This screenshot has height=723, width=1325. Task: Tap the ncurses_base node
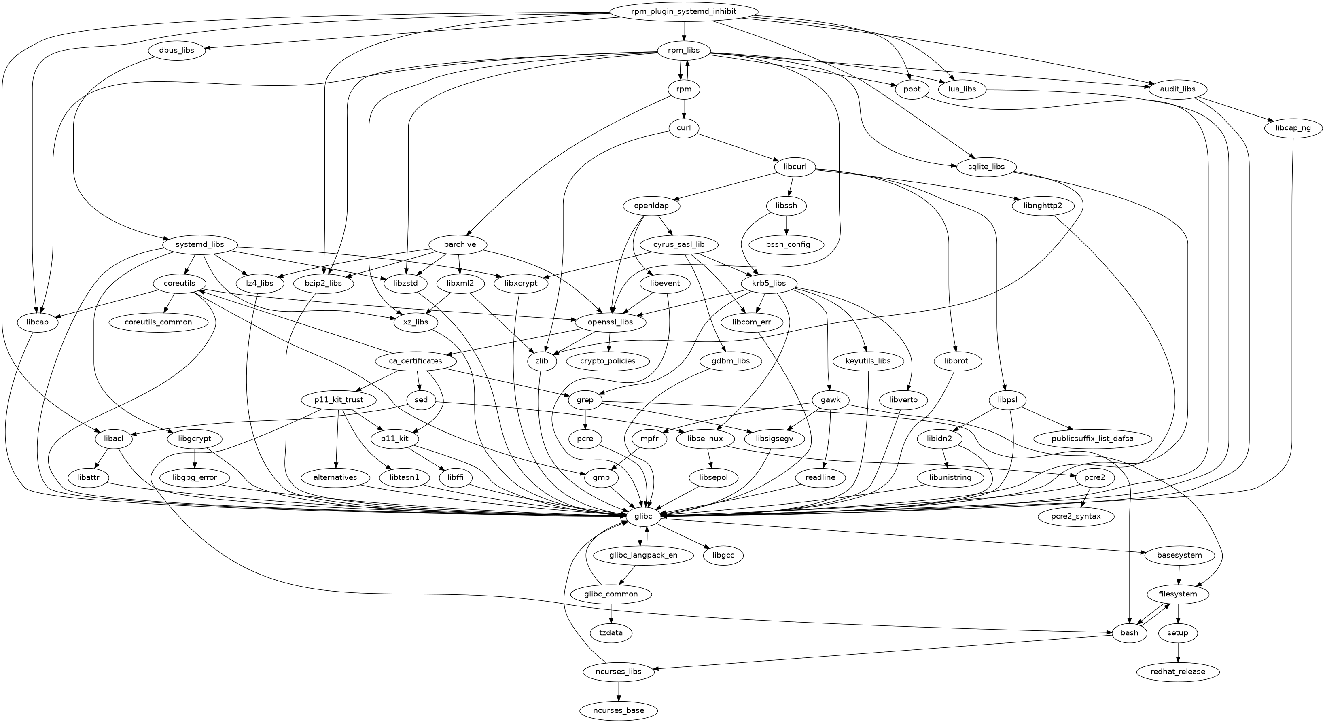click(x=619, y=710)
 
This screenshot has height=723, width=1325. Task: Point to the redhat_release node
click(x=1178, y=672)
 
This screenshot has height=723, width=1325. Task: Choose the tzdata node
click(x=611, y=632)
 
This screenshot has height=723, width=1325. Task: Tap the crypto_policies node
click(x=608, y=361)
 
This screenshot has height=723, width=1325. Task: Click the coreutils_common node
click(x=159, y=322)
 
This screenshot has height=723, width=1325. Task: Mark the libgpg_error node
click(x=195, y=478)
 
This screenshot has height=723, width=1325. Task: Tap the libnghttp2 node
click(x=1039, y=206)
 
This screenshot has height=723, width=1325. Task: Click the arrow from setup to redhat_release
click(x=1178, y=652)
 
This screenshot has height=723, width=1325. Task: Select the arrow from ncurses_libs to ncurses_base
click(x=619, y=691)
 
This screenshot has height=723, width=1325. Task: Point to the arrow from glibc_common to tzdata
click(x=611, y=613)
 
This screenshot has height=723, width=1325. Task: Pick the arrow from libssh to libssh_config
click(x=786, y=225)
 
